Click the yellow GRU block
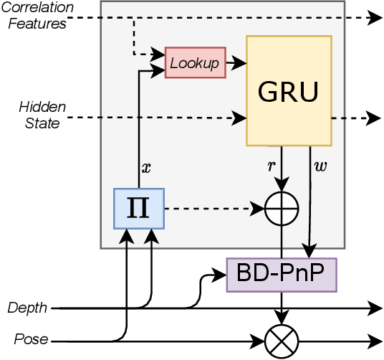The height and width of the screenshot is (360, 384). click(x=289, y=90)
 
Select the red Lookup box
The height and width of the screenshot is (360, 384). click(x=196, y=62)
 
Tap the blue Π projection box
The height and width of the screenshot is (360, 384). click(x=140, y=208)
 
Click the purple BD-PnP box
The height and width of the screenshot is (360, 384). click(x=281, y=273)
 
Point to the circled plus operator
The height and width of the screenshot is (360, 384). click(x=282, y=209)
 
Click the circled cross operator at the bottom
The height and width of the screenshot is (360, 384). click(x=282, y=340)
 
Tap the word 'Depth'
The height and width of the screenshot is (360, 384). click(x=27, y=308)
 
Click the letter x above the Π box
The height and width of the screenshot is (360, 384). click(x=148, y=168)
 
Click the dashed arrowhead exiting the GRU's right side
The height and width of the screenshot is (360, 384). click(x=374, y=117)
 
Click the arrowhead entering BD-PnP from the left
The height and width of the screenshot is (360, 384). click(x=221, y=273)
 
